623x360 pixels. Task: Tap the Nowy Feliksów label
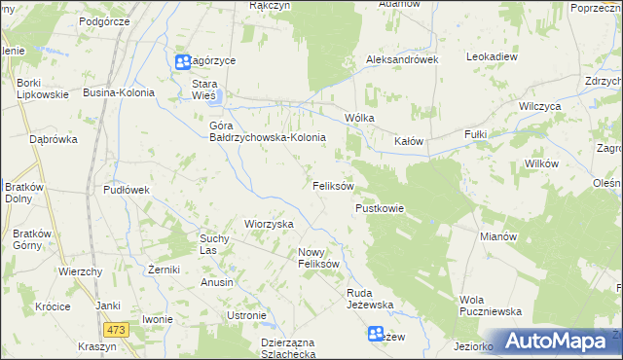tap(317, 257)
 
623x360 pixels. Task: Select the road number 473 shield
tap(117, 331)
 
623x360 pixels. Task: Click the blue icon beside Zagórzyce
tap(183, 62)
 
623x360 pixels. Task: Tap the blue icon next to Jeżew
tap(376, 335)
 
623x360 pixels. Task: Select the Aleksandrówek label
tap(402, 59)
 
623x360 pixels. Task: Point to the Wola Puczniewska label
tap(491, 305)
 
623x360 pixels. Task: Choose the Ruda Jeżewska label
tap(369, 298)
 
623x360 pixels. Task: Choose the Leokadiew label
tap(491, 57)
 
